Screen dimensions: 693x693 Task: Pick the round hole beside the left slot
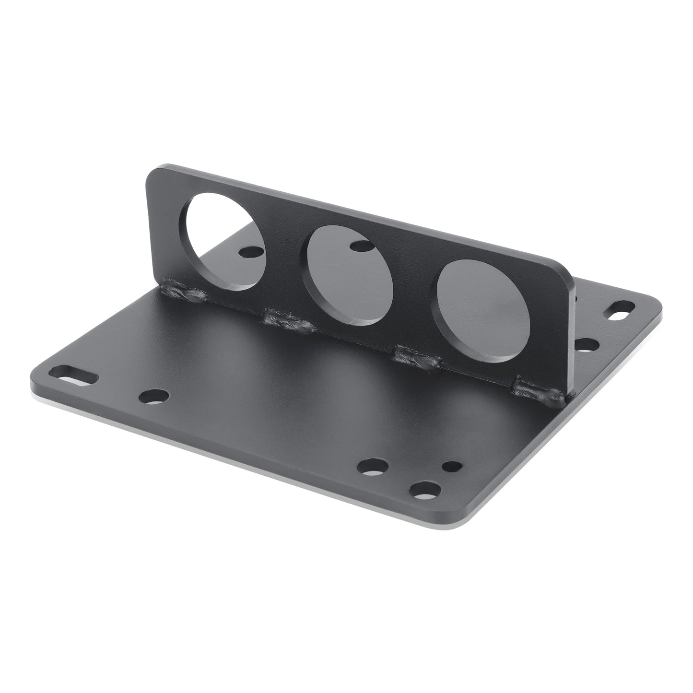tap(153, 396)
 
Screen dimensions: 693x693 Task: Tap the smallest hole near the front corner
tap(451, 466)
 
